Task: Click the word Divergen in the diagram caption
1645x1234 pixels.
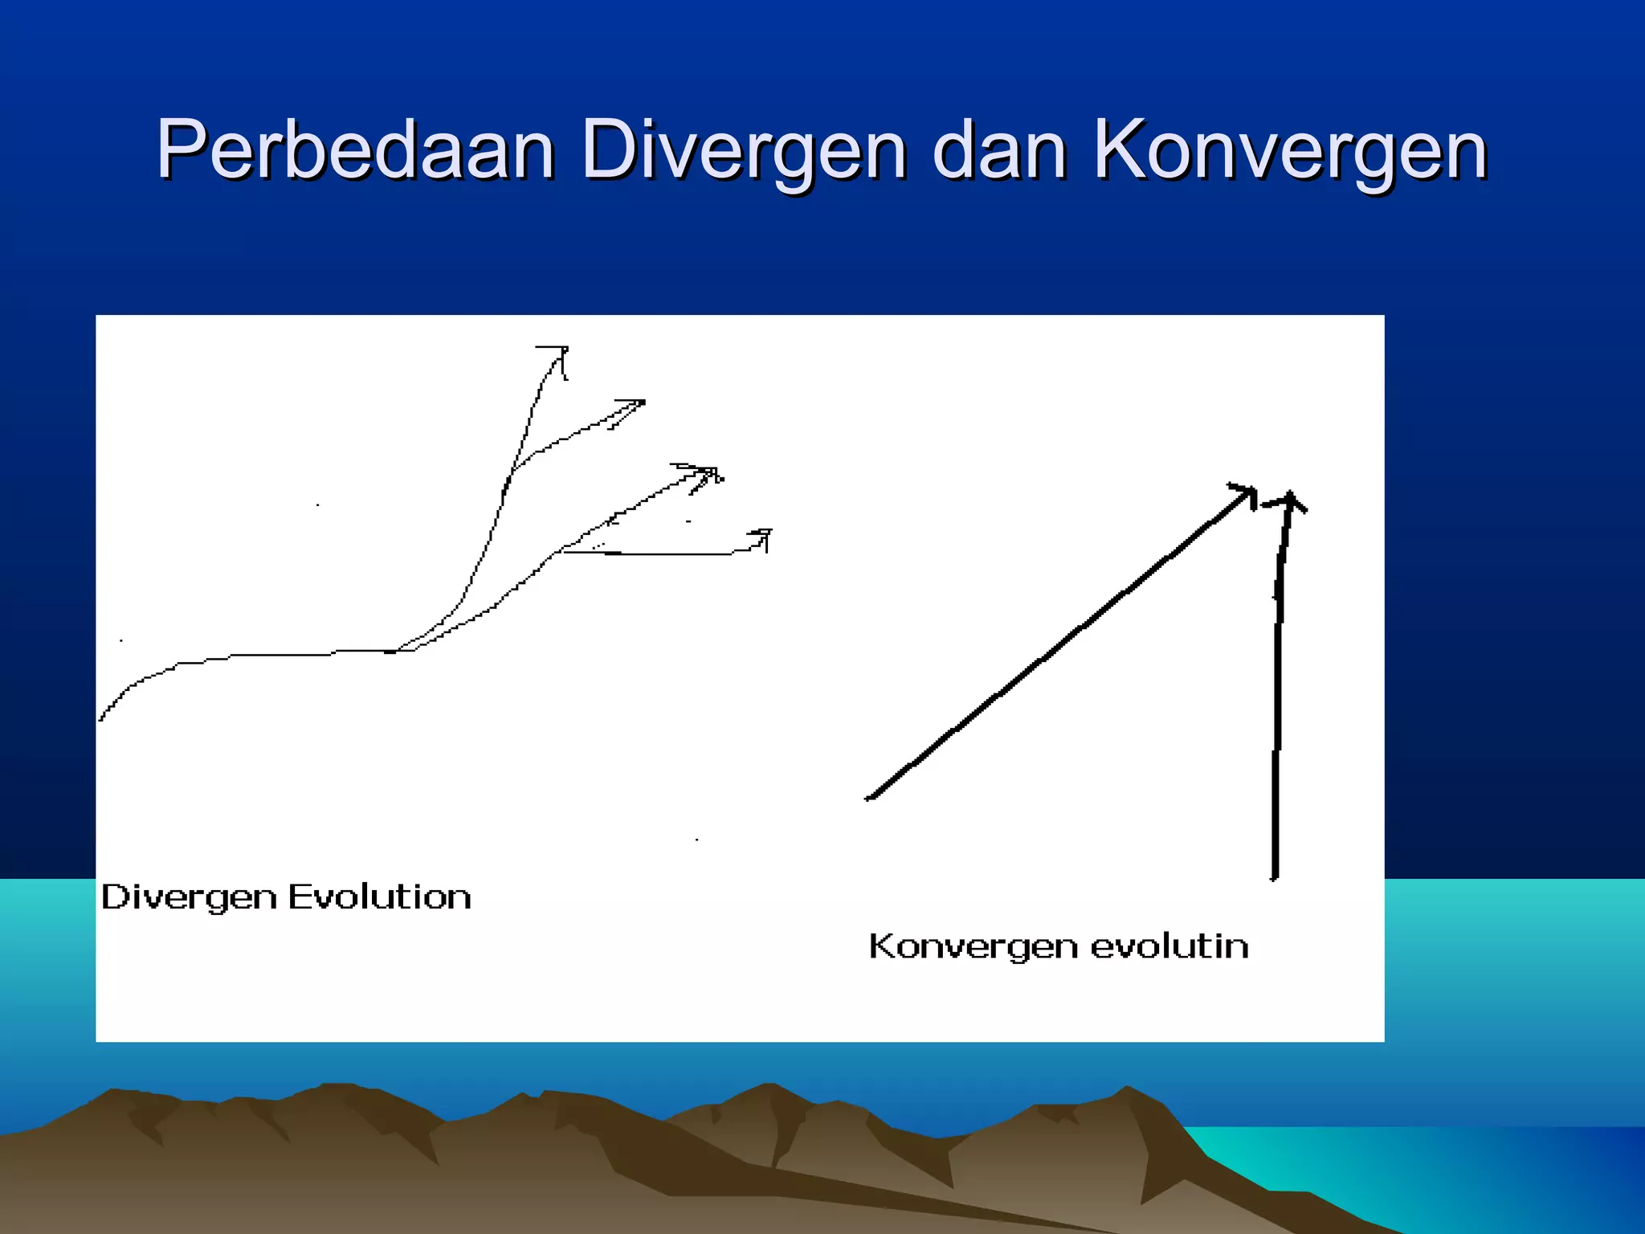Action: (189, 898)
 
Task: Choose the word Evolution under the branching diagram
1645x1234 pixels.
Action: (379, 897)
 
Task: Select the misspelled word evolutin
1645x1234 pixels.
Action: (1169, 946)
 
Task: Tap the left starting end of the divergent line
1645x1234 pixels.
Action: (101, 718)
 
